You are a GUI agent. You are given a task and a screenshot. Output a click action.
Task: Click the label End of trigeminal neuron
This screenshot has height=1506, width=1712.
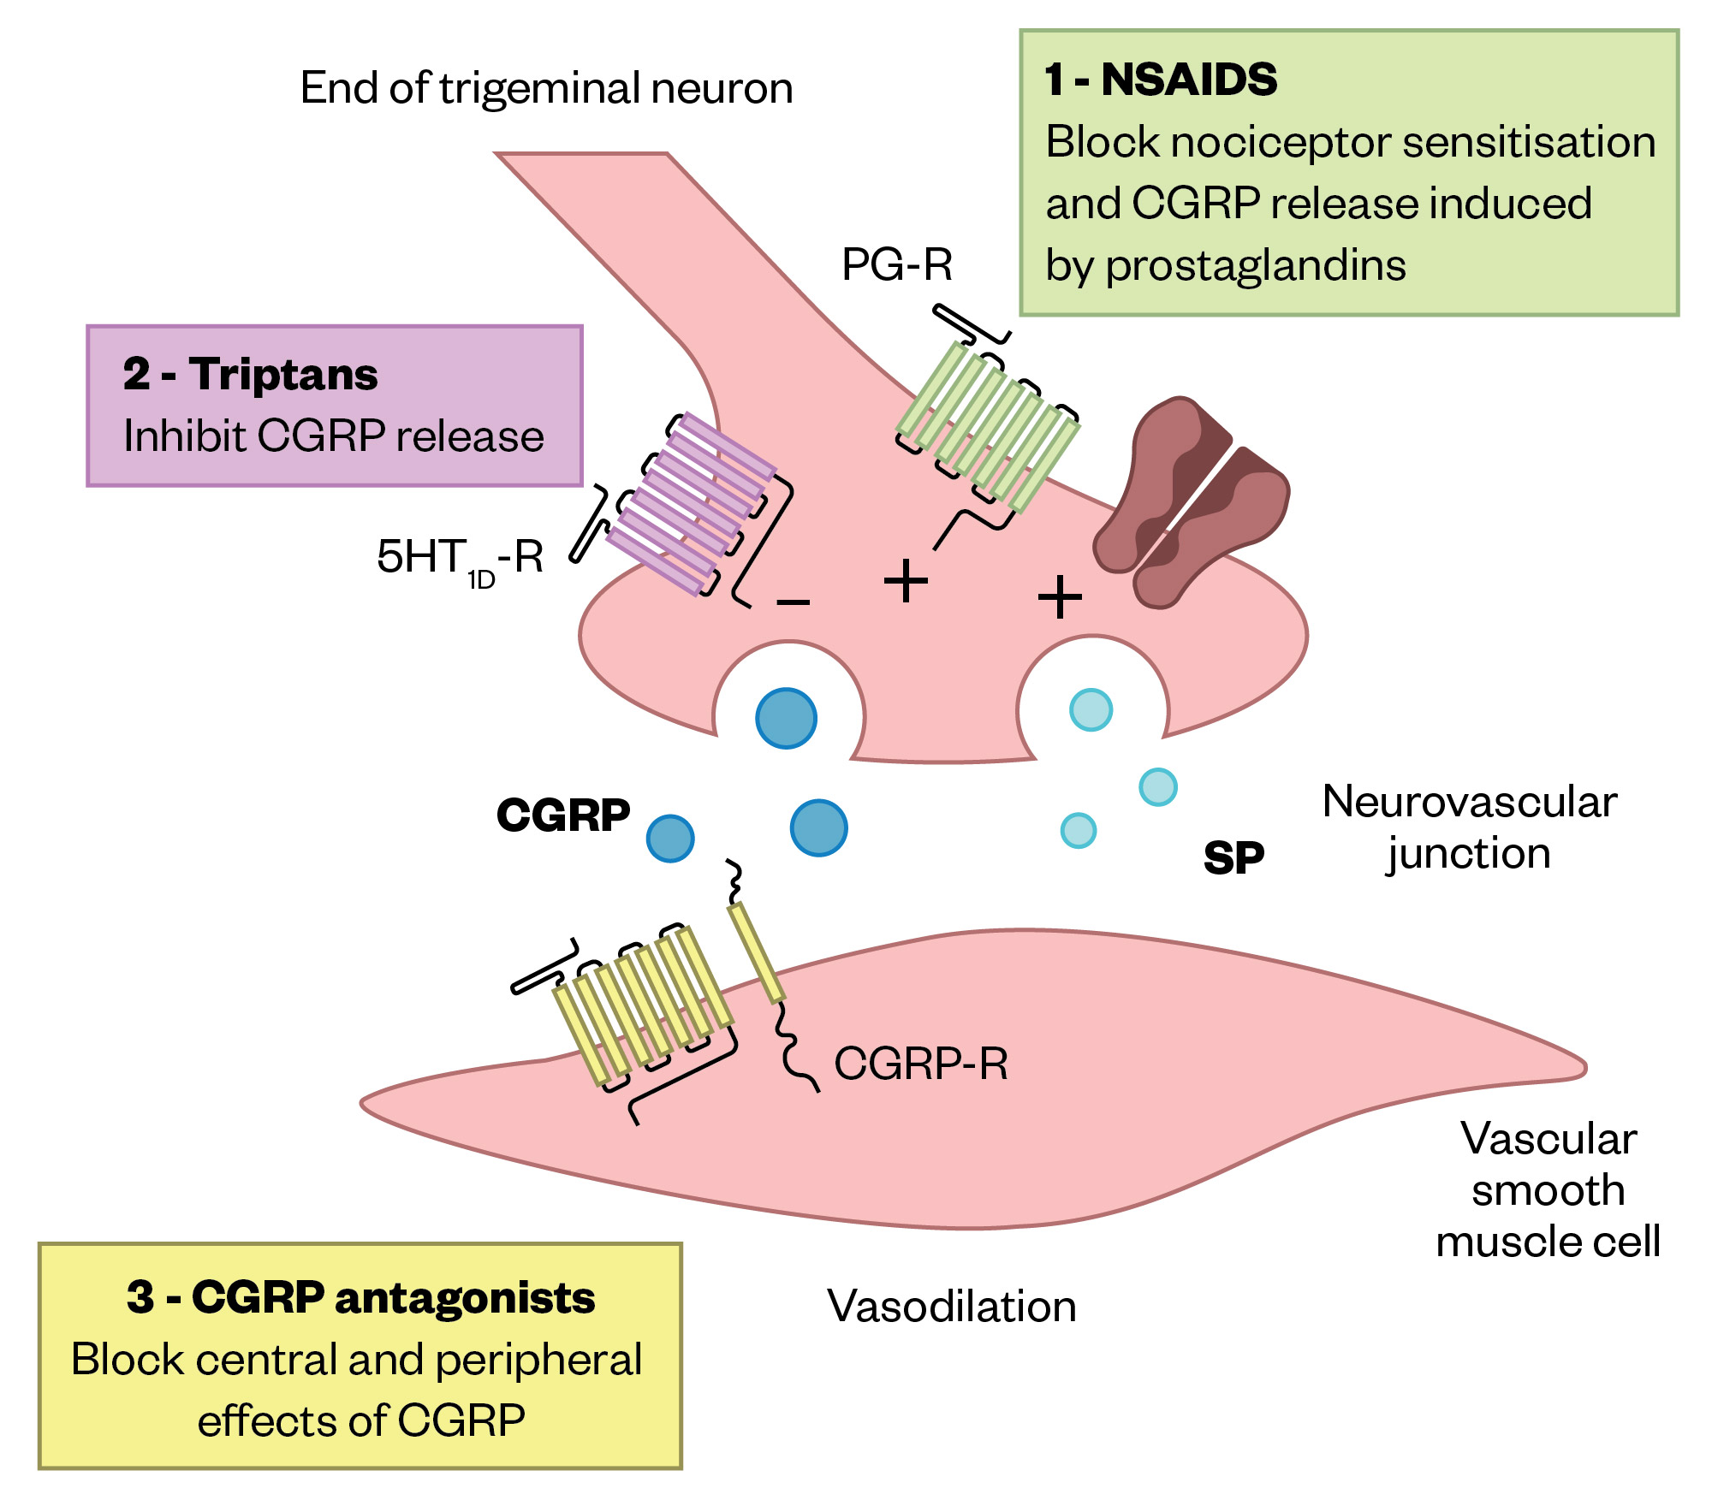click(x=546, y=88)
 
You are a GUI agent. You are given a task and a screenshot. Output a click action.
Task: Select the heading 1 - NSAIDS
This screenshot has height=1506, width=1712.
click(x=1160, y=80)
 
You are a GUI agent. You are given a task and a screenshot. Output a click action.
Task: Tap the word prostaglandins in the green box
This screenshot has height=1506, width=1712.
click(x=1255, y=266)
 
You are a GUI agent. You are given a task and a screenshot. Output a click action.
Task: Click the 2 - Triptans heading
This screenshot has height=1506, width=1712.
click(x=250, y=375)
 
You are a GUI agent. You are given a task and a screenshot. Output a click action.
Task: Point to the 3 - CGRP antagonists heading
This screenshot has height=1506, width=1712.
click(x=360, y=1297)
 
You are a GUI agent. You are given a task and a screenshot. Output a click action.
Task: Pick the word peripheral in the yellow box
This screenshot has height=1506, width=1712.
click(x=538, y=1360)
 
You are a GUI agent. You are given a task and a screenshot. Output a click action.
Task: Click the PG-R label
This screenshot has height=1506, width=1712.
click(x=896, y=264)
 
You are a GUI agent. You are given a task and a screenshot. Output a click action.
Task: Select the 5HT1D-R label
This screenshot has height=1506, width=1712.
click(x=460, y=558)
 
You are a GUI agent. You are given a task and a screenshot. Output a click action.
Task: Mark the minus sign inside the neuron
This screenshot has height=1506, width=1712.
click(x=793, y=602)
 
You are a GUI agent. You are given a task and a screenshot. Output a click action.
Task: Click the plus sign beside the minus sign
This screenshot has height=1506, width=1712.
click(x=905, y=582)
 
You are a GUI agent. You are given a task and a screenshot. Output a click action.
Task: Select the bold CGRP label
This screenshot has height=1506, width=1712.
click(x=562, y=815)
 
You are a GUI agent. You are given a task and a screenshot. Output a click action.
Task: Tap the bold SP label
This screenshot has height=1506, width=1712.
click(x=1233, y=857)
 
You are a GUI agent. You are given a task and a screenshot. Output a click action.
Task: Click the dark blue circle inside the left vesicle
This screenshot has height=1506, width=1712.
click(x=786, y=718)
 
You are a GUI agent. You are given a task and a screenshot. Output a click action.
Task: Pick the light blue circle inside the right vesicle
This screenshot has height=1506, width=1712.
click(x=1091, y=709)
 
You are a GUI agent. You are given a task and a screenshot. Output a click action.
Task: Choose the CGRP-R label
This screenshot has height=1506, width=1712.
click(x=921, y=1064)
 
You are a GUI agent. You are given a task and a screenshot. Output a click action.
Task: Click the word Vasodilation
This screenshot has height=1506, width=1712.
click(x=951, y=1307)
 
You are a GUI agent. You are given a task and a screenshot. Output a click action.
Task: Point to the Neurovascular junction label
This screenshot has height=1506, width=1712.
click(x=1469, y=827)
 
